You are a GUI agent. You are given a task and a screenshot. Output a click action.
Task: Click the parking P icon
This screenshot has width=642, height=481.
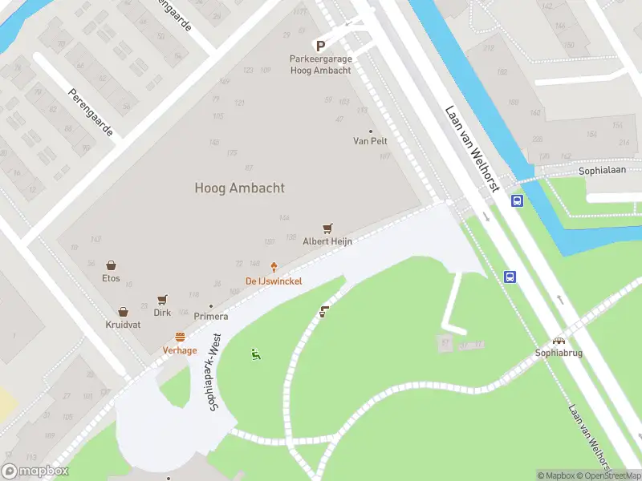click(320, 46)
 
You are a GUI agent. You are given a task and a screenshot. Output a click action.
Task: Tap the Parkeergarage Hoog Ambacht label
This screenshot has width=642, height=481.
click(320, 64)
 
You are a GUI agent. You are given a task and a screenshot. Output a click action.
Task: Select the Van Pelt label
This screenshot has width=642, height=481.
click(370, 141)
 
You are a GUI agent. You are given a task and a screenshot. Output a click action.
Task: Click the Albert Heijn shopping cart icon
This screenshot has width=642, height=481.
click(327, 229)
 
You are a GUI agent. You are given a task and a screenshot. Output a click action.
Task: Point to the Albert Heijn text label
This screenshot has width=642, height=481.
click(327, 241)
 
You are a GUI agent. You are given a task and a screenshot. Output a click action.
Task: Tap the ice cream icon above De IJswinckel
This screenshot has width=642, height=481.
click(274, 268)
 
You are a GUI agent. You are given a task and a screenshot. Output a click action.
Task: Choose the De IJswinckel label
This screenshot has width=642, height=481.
click(274, 281)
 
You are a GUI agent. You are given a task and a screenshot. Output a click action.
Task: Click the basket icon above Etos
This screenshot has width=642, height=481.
click(111, 265)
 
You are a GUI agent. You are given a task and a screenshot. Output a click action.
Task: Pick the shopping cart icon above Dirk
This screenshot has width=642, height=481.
click(162, 300)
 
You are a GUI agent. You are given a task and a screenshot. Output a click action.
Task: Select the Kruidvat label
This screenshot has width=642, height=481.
click(123, 325)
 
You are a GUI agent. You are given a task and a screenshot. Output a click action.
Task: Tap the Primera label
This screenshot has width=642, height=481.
click(211, 316)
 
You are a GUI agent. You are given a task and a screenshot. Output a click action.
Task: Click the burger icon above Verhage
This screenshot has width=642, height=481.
click(180, 338)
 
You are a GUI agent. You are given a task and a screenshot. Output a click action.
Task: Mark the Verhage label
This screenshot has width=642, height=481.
click(180, 350)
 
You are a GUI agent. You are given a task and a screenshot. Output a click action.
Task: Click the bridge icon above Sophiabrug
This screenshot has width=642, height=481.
click(558, 340)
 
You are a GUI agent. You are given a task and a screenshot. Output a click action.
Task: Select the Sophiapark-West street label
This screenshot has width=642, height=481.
click(214, 374)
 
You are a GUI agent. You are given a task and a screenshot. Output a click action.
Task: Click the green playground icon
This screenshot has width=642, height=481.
click(256, 354)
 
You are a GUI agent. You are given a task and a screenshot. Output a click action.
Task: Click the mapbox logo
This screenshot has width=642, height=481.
click(35, 471)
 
